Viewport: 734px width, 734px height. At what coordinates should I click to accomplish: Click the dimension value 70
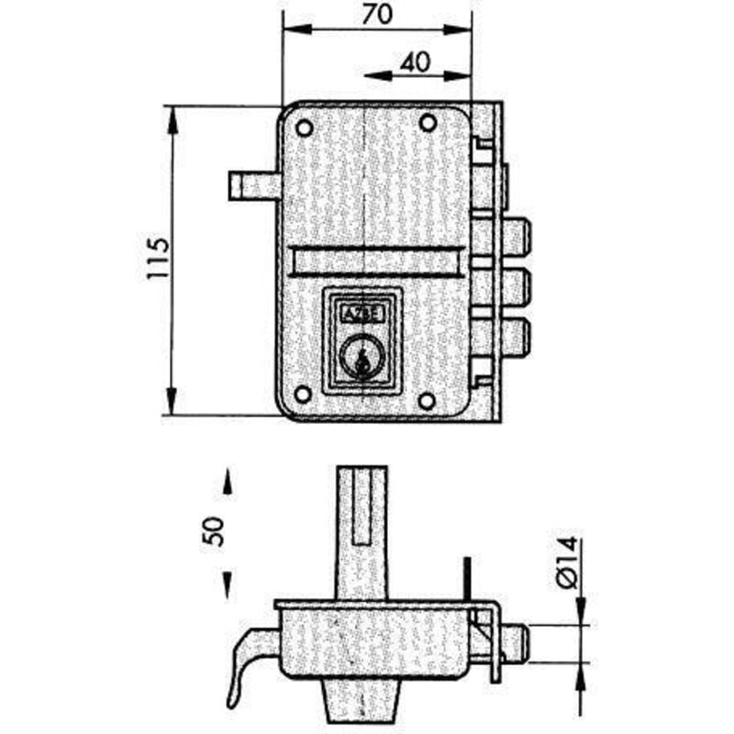(x=377, y=14)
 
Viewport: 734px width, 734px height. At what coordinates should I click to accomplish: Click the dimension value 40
(x=416, y=62)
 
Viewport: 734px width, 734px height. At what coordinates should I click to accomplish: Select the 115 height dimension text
(x=158, y=259)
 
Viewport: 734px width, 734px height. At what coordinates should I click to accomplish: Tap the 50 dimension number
(x=213, y=531)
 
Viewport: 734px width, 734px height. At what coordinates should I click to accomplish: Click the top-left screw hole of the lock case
(x=305, y=128)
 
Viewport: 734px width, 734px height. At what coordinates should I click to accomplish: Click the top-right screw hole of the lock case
(x=428, y=123)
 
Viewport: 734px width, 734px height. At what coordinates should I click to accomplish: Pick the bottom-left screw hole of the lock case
(x=304, y=395)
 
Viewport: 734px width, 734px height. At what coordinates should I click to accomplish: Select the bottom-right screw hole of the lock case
(x=427, y=401)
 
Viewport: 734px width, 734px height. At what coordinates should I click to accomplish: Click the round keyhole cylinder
(x=361, y=356)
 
